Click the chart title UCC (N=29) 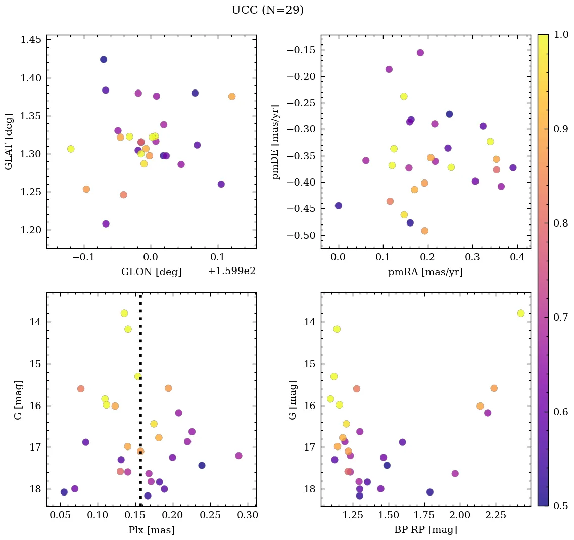pyautogui.click(x=267, y=10)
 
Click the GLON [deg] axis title pyautogui.click(x=151, y=272)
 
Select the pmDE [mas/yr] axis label pyautogui.click(x=275, y=142)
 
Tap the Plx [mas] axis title pyautogui.click(x=151, y=530)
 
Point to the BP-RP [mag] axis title pyautogui.click(x=425, y=530)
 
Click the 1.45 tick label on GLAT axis pyautogui.click(x=31, y=40)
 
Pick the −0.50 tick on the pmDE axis pyautogui.click(x=301, y=235)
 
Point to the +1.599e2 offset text pyautogui.click(x=231, y=271)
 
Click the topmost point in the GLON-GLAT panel pyautogui.click(x=104, y=59)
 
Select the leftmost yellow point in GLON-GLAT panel pyautogui.click(x=71, y=149)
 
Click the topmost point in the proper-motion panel pyautogui.click(x=420, y=53)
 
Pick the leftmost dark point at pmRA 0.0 pyautogui.click(x=339, y=206)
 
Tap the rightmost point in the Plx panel pyautogui.click(x=238, y=456)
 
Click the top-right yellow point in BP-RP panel pyautogui.click(x=521, y=313)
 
